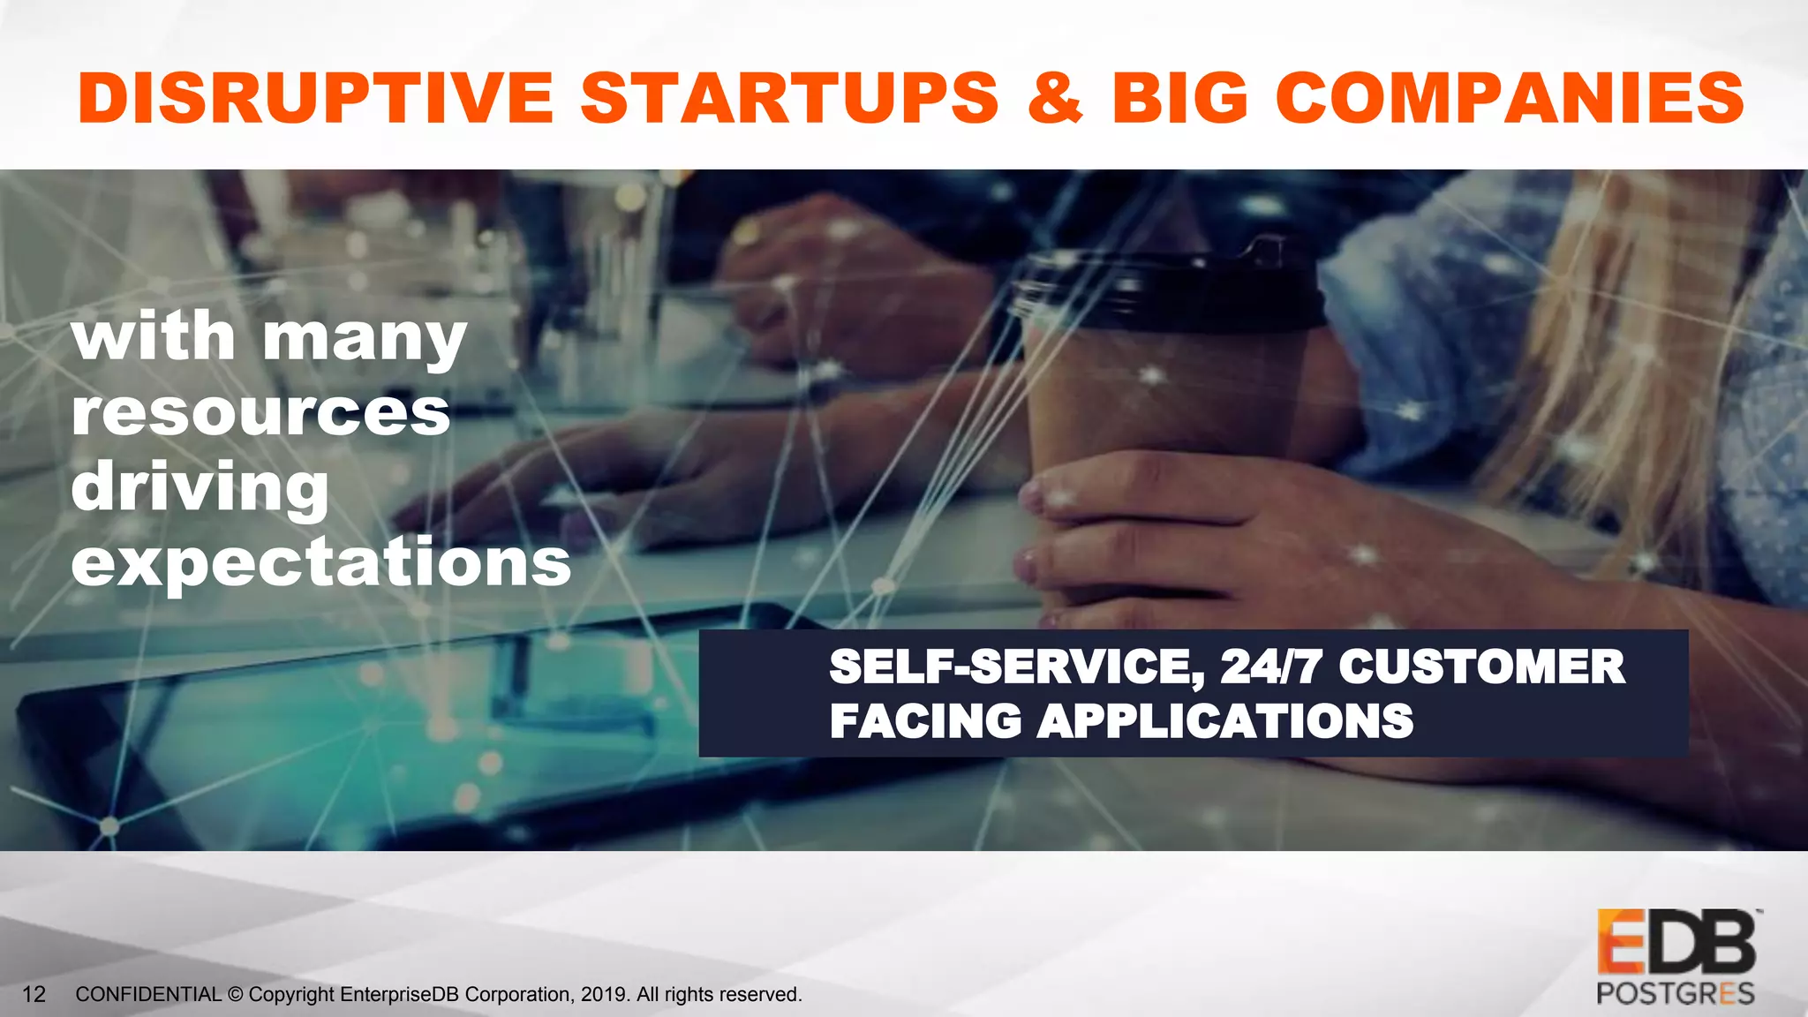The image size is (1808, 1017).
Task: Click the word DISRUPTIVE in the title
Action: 315,97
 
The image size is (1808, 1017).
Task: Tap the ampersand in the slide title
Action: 1055,97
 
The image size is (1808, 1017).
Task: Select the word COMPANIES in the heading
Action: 1510,97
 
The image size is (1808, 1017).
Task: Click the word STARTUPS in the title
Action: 789,97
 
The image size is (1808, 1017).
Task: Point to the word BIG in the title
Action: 1180,97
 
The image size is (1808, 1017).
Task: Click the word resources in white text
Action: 260,412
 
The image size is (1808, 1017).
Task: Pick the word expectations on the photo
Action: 321,562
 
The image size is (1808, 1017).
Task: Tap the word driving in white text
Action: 200,488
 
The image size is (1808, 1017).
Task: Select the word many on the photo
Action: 364,337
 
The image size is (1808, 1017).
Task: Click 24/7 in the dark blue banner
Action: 1270,667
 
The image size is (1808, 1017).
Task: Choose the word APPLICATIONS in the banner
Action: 1225,721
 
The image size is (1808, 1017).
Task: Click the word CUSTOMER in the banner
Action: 1481,667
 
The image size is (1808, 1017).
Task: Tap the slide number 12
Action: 34,995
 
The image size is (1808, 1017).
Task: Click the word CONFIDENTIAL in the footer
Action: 148,995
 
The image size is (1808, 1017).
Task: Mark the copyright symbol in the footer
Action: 235,995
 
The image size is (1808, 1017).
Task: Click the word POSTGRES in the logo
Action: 1675,994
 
